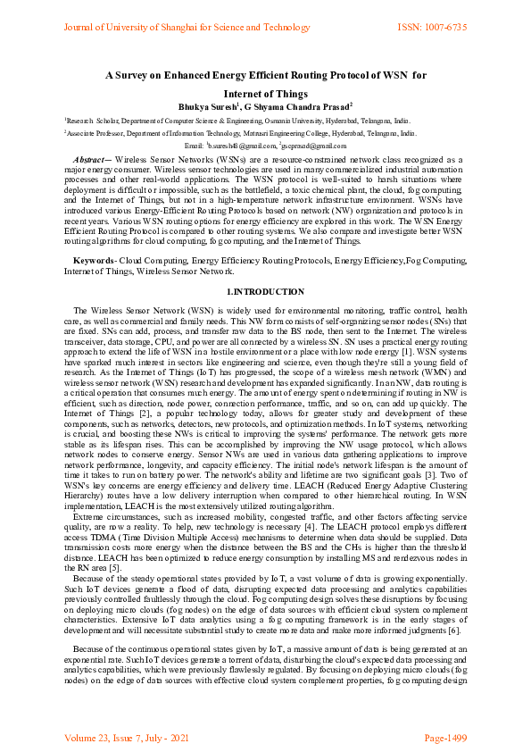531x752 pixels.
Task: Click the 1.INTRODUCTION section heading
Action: pos(265,291)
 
